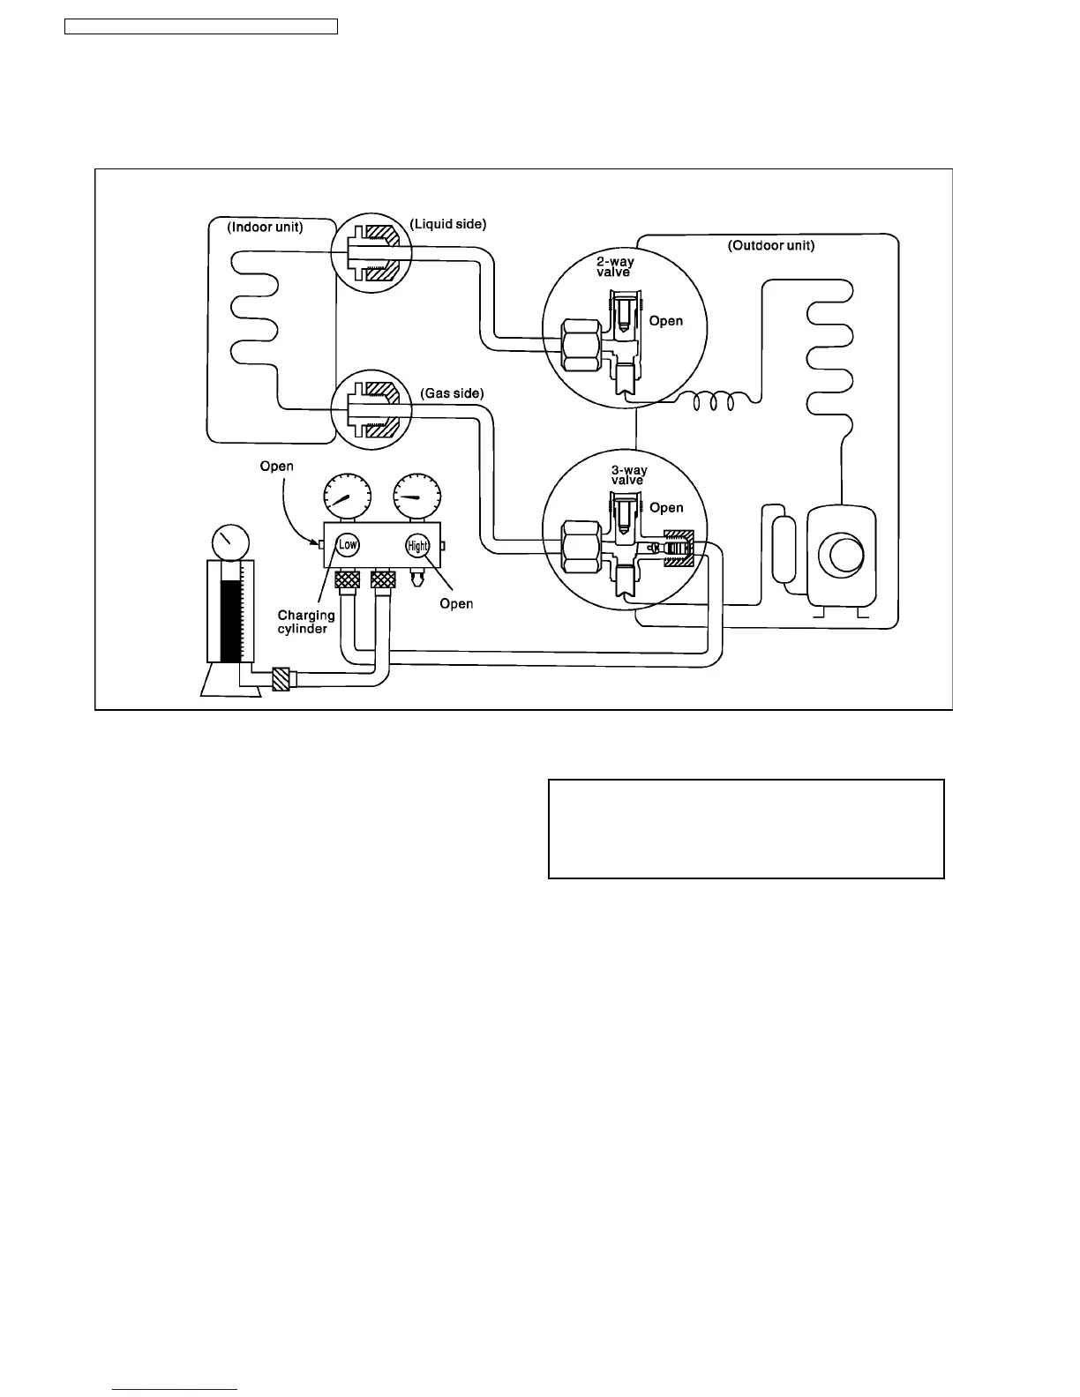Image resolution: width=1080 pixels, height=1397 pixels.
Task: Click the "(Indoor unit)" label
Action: click(x=265, y=228)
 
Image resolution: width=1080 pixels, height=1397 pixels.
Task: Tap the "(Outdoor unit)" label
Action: click(x=770, y=245)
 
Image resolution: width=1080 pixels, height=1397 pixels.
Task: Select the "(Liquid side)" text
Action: click(x=447, y=224)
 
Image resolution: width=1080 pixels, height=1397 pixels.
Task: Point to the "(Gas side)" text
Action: click(x=452, y=392)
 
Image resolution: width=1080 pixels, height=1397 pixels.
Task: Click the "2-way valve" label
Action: click(x=615, y=267)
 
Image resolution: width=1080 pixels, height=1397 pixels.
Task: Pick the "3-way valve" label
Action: click(x=626, y=475)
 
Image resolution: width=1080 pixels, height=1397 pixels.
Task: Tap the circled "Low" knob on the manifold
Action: click(x=349, y=544)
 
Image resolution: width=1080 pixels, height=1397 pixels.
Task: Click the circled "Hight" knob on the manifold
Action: click(x=417, y=546)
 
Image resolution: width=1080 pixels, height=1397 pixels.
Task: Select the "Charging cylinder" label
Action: click(x=305, y=622)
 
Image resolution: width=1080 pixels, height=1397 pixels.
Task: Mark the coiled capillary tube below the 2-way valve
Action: click(x=713, y=402)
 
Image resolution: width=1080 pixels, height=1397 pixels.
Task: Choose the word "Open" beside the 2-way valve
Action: click(x=665, y=321)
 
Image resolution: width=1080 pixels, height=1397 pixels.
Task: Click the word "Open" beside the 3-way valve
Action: click(x=666, y=508)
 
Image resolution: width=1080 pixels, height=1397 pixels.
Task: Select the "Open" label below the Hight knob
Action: click(x=456, y=604)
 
